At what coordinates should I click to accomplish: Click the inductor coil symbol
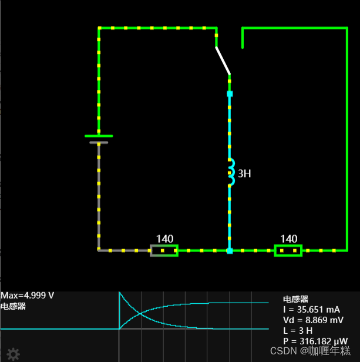231,172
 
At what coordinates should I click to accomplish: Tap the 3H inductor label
244,173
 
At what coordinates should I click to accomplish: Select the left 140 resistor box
164,251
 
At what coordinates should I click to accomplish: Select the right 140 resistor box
288,251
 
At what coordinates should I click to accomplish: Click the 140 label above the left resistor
164,239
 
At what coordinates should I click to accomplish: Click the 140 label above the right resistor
288,239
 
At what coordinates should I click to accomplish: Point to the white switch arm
223,60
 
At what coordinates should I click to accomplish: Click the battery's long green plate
99,136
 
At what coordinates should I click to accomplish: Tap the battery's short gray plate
99,142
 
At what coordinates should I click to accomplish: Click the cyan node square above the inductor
230,94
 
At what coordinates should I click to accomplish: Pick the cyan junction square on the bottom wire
230,251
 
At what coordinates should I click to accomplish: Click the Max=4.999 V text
27,296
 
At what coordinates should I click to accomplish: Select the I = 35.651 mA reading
311,310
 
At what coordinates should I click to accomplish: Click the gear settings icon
13,354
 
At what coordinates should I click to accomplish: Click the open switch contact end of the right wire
243,47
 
